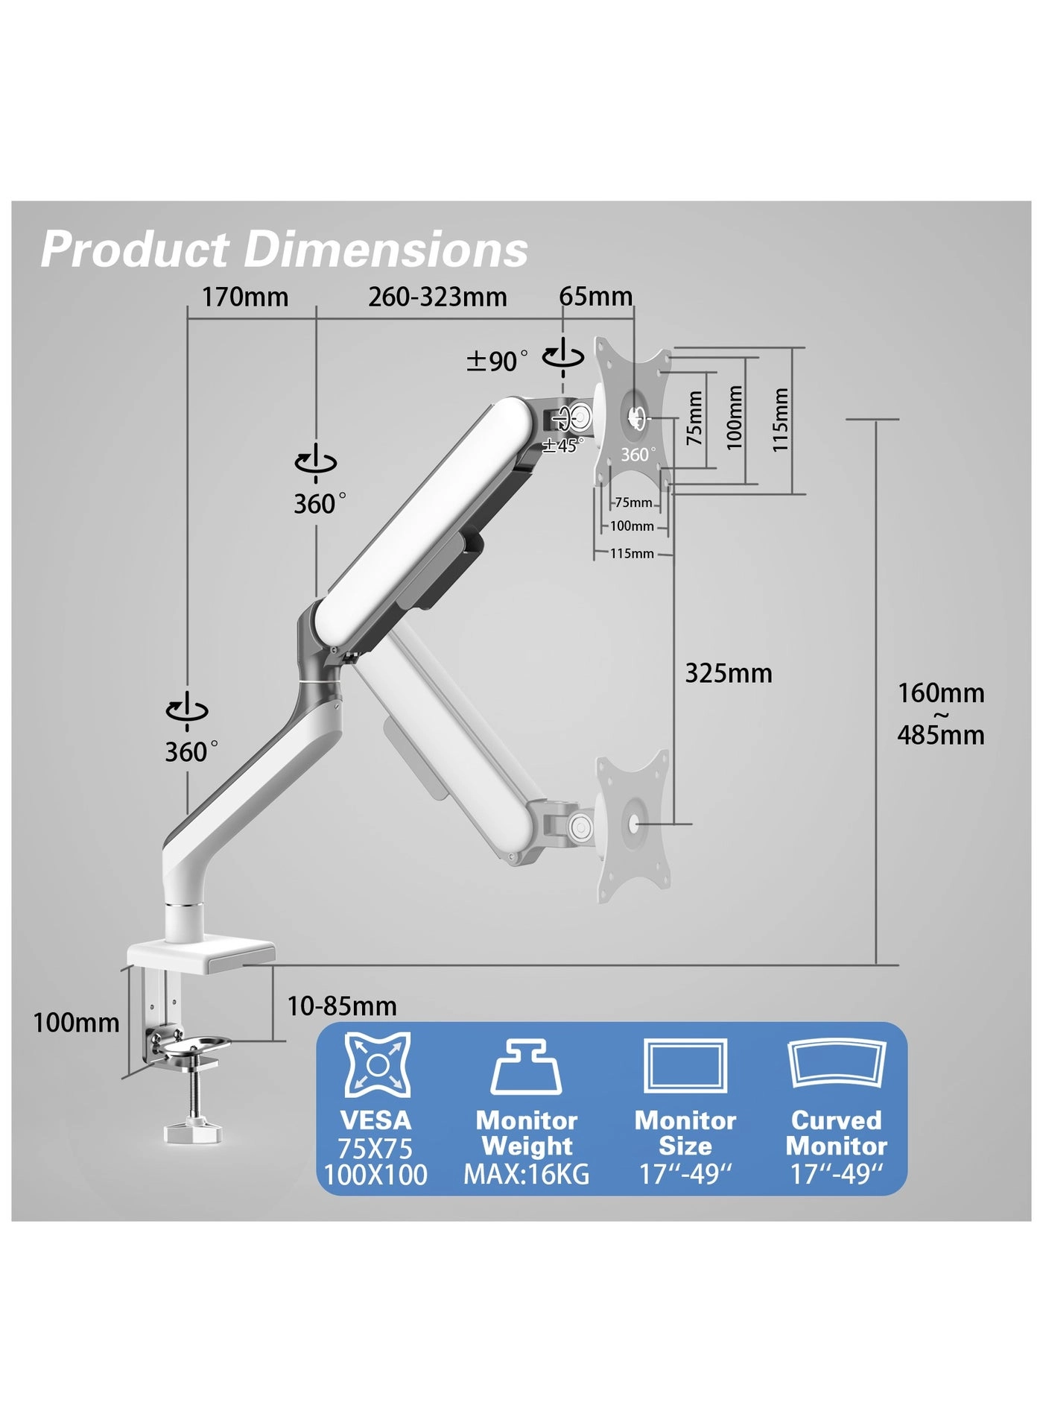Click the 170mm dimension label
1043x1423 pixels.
[x=245, y=297]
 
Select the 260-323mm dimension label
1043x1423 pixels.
[x=437, y=297]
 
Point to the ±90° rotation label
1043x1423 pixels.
[x=497, y=362]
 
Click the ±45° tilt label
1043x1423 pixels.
[x=563, y=446]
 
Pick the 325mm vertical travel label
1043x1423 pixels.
[x=728, y=673]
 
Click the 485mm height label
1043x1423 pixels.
[x=940, y=736]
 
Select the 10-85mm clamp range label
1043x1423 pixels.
[x=342, y=1006]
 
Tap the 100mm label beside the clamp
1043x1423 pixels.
[x=76, y=1023]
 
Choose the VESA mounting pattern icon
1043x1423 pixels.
[x=378, y=1064]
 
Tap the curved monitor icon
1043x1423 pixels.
[x=837, y=1064]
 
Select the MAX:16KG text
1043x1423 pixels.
[x=526, y=1175]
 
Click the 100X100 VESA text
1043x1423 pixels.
[x=375, y=1176]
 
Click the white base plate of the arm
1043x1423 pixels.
[x=201, y=955]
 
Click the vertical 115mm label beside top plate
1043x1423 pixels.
[x=779, y=420]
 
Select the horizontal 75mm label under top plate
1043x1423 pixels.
[x=633, y=503]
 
